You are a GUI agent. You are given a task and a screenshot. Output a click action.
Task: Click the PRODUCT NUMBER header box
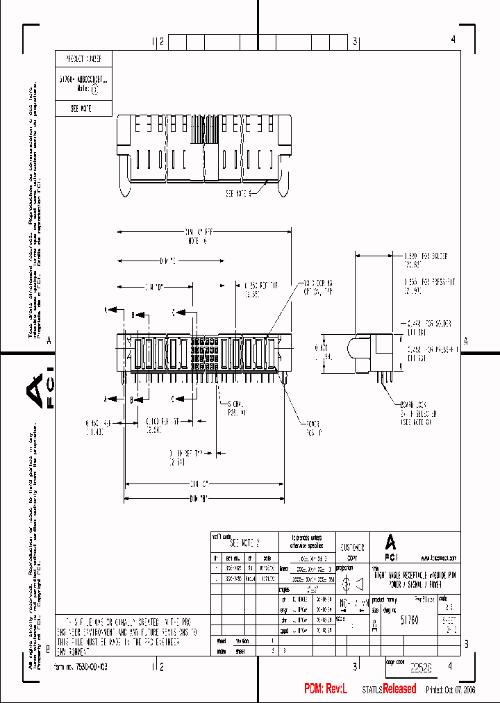83,59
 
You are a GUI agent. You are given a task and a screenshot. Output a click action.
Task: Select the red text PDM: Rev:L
329,688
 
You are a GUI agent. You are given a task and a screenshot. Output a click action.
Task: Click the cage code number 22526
421,668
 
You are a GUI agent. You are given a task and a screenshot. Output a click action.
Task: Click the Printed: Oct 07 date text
451,689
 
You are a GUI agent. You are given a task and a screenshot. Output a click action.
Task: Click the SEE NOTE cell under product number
82,109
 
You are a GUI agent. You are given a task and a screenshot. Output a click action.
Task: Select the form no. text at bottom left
83,666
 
